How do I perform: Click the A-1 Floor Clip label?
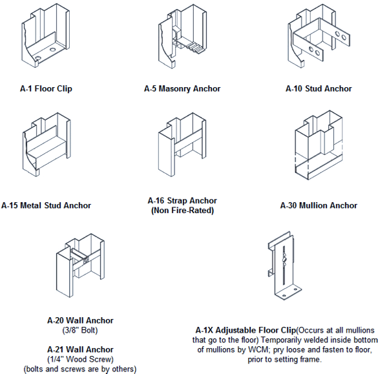point(45,88)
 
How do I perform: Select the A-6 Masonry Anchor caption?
point(182,88)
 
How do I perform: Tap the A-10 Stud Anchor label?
point(319,88)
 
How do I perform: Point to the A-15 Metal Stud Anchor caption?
point(46,206)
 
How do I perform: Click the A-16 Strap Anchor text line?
point(182,201)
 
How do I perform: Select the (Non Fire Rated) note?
point(182,211)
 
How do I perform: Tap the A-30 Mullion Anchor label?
point(319,206)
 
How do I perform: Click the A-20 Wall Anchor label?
point(81,320)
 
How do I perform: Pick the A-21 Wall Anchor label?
point(81,349)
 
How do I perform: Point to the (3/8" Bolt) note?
point(81,329)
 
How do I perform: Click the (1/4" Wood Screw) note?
point(81,359)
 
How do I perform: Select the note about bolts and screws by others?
point(81,369)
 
